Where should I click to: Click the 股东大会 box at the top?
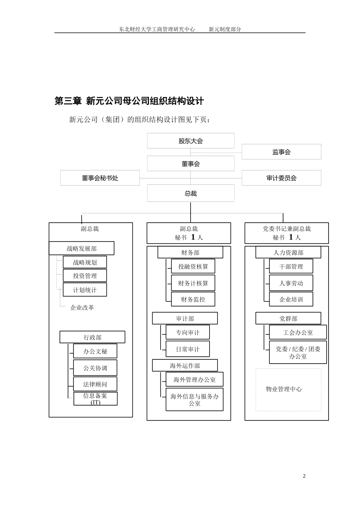191,141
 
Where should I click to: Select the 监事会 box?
281,152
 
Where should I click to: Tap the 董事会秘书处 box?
100,178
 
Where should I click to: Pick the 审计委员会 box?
281,178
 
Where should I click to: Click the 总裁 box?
191,194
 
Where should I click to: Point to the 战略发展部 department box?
81,248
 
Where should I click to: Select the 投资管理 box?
85,276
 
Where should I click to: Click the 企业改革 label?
82,308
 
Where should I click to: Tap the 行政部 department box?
92,337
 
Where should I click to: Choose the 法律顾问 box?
95,384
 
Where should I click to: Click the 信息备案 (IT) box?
95,398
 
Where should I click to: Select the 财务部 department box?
190,253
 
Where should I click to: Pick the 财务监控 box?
193,299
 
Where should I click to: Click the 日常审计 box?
188,349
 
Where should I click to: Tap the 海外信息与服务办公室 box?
194,400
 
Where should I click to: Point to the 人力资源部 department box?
288,253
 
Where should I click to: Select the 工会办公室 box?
298,333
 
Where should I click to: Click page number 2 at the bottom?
304,476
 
